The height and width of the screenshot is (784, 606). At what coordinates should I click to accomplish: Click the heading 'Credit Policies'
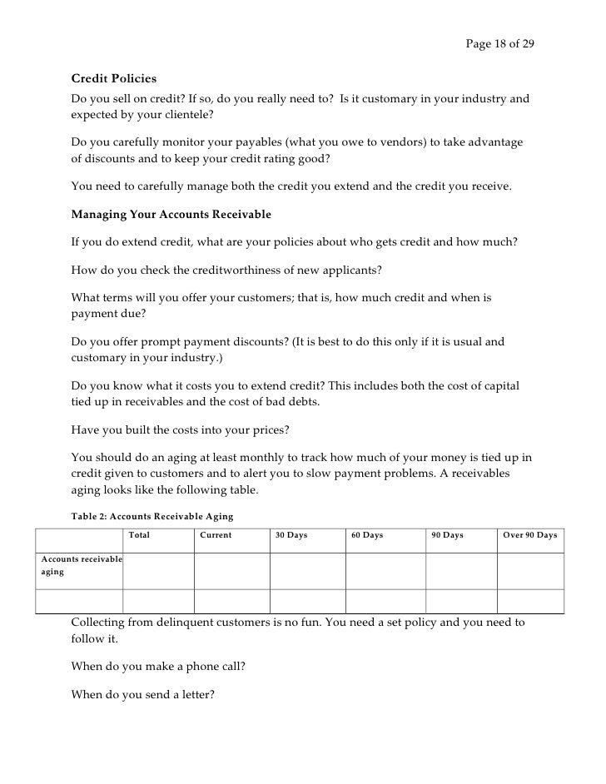click(114, 79)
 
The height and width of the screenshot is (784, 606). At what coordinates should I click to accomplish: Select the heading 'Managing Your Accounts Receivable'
click(171, 214)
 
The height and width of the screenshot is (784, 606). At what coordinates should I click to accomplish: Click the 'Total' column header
click(140, 535)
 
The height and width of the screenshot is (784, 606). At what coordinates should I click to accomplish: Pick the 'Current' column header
click(216, 535)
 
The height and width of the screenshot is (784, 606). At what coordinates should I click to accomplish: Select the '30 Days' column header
click(291, 535)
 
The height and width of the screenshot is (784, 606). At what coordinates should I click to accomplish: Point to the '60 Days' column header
click(367, 535)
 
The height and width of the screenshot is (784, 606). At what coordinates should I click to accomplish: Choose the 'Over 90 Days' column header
click(530, 535)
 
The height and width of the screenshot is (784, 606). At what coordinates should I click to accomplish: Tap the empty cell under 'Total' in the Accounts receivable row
click(158, 570)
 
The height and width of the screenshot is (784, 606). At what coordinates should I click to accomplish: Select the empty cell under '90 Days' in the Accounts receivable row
click(461, 570)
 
